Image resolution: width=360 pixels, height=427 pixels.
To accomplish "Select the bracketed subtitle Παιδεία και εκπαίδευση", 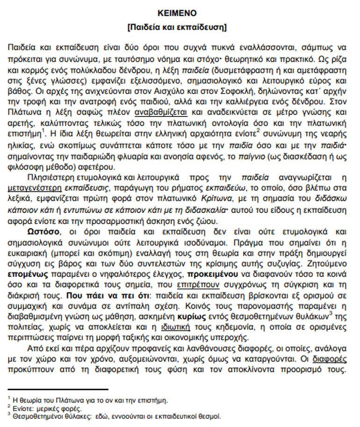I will pos(177,27).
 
